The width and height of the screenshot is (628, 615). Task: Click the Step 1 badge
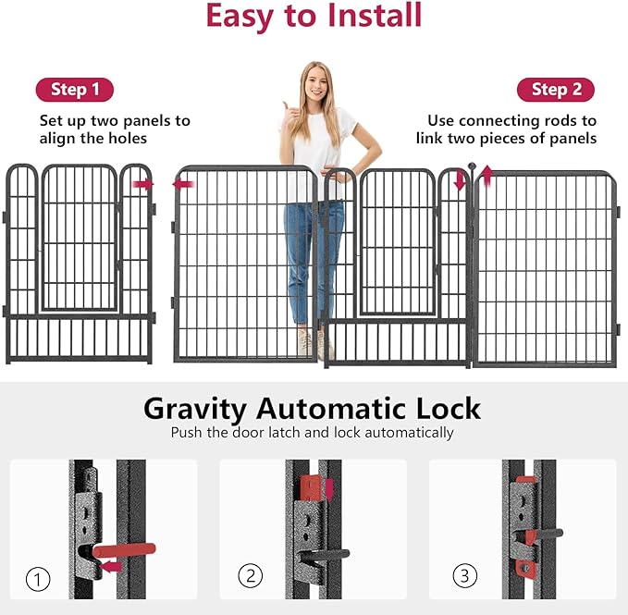(x=75, y=90)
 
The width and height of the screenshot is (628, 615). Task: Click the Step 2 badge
(x=556, y=90)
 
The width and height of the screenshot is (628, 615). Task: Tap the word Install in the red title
(x=375, y=15)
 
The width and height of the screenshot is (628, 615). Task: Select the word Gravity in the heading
(x=194, y=409)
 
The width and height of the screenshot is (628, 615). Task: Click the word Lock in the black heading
(x=449, y=409)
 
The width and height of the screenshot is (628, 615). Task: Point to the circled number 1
(x=38, y=579)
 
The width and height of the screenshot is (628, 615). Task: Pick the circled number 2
(x=251, y=576)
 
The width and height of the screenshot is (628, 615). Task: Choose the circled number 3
(x=465, y=576)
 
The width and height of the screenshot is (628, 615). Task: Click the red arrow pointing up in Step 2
(x=486, y=176)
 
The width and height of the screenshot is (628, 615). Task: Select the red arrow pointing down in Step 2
(x=460, y=180)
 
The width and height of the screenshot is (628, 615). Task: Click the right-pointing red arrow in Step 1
(x=143, y=184)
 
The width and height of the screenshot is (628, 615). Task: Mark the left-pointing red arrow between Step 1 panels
(x=183, y=184)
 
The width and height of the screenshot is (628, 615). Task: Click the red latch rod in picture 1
(x=124, y=549)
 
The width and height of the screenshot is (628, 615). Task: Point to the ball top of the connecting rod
(x=472, y=166)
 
